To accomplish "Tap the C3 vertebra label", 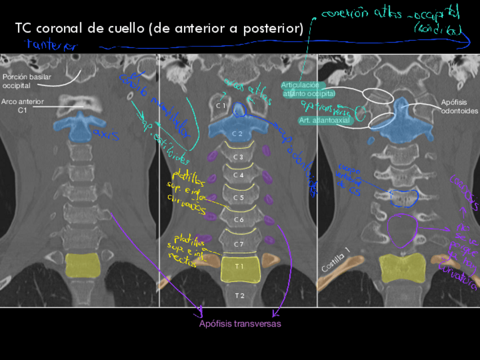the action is (238, 157).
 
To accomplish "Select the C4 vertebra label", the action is (238, 175).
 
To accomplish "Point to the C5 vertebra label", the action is (238, 198).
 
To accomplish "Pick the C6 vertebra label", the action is (238, 220).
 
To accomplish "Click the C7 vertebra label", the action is (238, 244).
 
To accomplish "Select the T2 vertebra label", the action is (239, 295).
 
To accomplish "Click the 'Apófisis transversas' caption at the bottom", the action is (239, 324).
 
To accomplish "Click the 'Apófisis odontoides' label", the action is (459, 106).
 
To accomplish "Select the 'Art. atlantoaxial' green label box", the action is (324, 120).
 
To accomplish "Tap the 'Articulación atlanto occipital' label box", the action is (308, 89).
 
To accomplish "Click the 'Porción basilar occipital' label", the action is (23, 81).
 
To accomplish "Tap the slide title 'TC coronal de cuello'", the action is (158, 28).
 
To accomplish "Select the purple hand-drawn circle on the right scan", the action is (402, 229).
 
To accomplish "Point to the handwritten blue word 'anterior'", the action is (51, 45).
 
